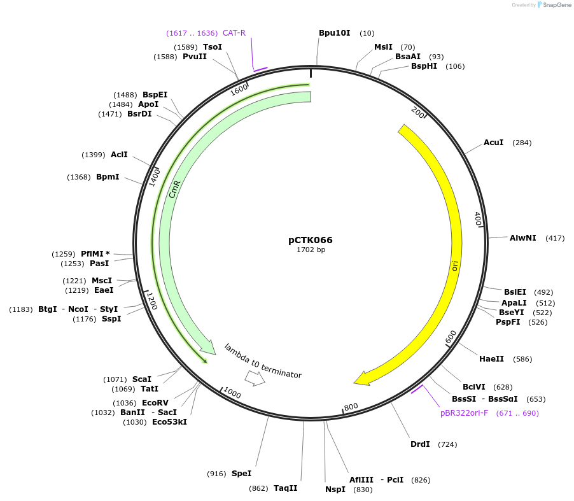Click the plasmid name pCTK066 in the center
click(310, 240)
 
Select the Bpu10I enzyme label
click(335, 32)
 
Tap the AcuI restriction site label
click(493, 143)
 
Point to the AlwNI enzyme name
click(522, 238)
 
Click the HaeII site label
click(491, 359)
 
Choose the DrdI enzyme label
click(420, 444)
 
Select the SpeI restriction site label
click(241, 474)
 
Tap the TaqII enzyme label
click(285, 488)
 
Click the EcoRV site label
click(155, 403)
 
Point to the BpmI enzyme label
click(108, 177)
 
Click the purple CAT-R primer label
click(234, 33)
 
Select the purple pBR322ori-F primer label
click(464, 413)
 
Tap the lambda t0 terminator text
click(262, 361)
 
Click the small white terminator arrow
click(255, 379)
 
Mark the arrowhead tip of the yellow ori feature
click(354, 383)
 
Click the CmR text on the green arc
click(175, 189)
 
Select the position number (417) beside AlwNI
click(555, 238)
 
